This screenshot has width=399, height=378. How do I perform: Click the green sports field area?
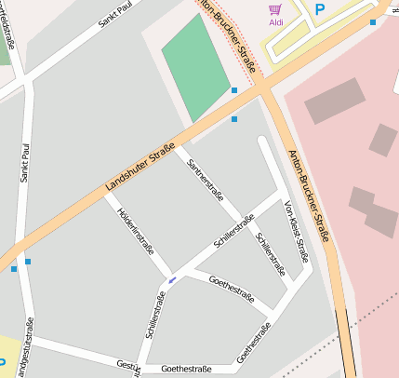[x=196, y=66]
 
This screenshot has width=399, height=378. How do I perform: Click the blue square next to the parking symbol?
[x=373, y=21]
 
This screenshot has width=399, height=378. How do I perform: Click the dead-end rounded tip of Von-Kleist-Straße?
[x=263, y=142]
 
